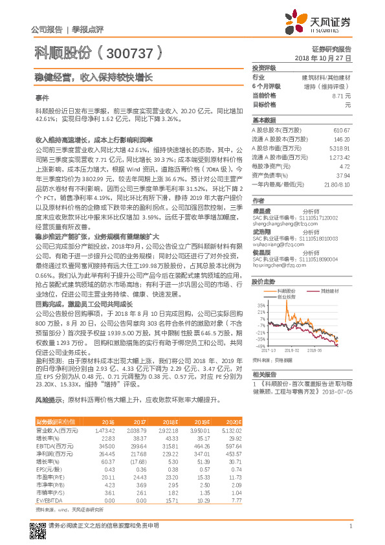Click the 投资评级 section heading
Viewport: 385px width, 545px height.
(x=264, y=67)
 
